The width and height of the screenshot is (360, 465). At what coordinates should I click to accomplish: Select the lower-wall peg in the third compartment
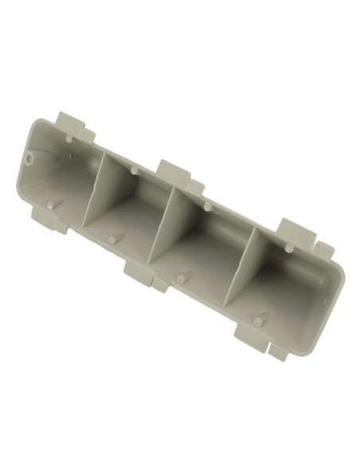coord(182,278)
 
